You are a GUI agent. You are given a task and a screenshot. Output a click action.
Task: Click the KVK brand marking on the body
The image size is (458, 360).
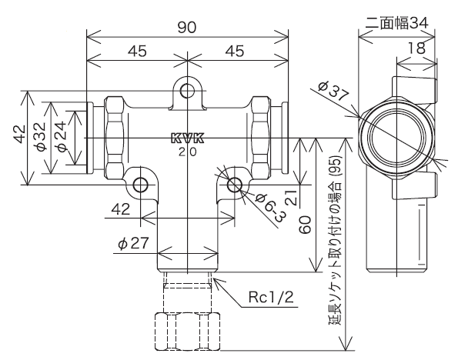pyautogui.click(x=187, y=139)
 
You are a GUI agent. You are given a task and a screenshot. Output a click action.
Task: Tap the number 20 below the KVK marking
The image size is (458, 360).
pyautogui.click(x=187, y=152)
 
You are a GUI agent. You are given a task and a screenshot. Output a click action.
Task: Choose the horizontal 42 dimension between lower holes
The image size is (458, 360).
pyautogui.click(x=120, y=208)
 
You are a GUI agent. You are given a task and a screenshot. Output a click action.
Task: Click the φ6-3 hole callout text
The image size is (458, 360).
pyautogui.click(x=268, y=205)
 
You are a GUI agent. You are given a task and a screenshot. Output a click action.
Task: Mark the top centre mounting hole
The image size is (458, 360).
pyautogui.click(x=187, y=92)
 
